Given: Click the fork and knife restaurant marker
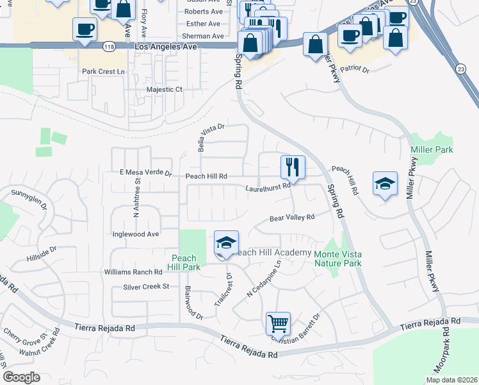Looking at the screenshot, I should coord(293,167).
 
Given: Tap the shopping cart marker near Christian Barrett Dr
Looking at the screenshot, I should coord(278,323).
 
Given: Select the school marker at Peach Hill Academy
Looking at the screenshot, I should coord(226,243).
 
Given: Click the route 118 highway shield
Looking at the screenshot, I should coord(108,47).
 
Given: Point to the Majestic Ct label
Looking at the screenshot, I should coord(165,90).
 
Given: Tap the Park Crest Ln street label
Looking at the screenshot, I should coord(102,71).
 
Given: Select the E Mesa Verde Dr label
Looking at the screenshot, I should coord(146,173).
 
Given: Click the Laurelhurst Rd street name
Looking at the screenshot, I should coord(268,188).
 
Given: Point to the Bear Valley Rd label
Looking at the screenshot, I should coord(291,218).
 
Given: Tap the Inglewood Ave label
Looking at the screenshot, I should coord(135,234).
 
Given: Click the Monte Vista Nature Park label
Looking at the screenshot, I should coord(338,259).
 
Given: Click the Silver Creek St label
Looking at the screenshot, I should coord(145,287).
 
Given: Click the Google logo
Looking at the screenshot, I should coord(21,377).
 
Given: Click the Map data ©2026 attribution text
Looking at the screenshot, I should coord(451,380).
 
